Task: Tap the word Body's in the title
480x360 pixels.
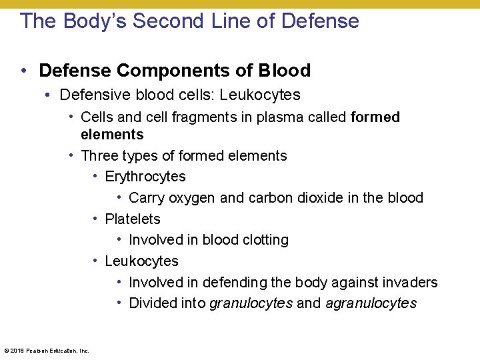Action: tap(95, 21)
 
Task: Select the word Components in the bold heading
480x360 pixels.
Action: tap(163, 71)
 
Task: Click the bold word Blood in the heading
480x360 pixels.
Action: tap(285, 71)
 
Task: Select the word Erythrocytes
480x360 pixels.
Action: tap(145, 177)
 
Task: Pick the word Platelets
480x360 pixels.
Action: tap(133, 219)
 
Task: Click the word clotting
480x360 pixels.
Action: tap(262, 240)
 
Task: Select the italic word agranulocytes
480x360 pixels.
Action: tap(371, 304)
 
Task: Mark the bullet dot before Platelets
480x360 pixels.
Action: tap(96, 219)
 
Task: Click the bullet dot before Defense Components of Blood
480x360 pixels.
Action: tap(23, 71)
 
